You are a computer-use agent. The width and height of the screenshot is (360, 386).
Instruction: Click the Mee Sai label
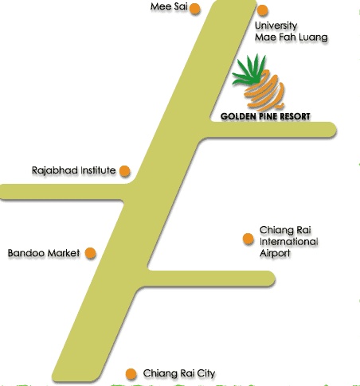(x=169, y=6)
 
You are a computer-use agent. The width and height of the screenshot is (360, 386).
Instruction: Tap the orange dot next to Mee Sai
(x=195, y=9)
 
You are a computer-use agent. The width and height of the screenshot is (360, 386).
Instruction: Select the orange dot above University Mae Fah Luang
(x=262, y=10)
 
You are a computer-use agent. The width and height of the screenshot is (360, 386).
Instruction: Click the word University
(x=276, y=25)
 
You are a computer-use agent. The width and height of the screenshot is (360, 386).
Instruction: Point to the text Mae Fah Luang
(x=291, y=37)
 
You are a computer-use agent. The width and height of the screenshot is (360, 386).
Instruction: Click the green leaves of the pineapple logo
(x=248, y=69)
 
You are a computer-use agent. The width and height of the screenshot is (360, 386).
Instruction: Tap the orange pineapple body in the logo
(x=264, y=90)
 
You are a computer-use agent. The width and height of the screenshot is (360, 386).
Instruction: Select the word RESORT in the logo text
(x=295, y=116)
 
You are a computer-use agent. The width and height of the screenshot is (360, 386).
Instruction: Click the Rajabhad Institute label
(x=73, y=170)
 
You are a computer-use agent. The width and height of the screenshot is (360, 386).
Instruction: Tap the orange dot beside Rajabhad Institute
(x=124, y=171)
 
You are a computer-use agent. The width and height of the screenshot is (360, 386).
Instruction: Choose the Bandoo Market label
(x=44, y=253)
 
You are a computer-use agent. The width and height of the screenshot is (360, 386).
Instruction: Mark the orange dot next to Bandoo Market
(x=90, y=253)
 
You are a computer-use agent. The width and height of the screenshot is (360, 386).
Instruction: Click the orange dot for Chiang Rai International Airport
(x=248, y=239)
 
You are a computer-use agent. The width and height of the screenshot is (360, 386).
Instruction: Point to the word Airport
(x=275, y=253)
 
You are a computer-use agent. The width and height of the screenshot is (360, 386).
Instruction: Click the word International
(x=288, y=241)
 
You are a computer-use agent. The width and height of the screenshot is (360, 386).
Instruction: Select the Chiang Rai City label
(x=179, y=373)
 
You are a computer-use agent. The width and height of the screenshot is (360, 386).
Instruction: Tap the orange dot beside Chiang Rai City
(x=131, y=374)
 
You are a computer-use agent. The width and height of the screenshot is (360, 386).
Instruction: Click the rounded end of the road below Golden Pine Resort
(x=330, y=130)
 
